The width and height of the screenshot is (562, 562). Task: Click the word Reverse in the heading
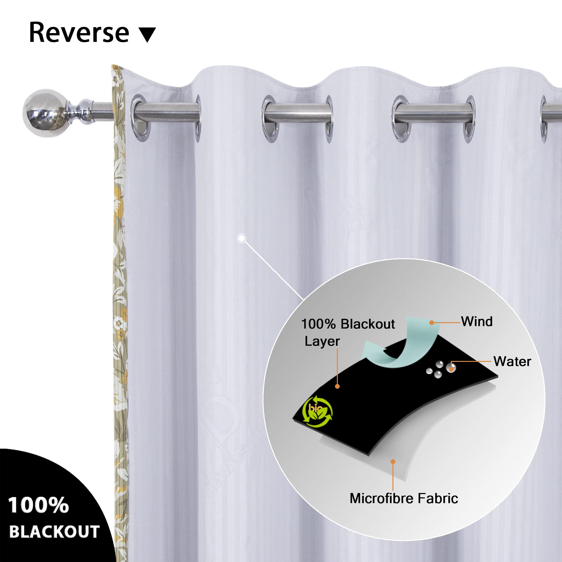tap(79, 32)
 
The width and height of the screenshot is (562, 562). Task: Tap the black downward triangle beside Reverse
tap(147, 35)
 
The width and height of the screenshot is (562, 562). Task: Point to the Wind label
tap(477, 321)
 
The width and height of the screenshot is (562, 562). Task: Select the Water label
tap(512, 362)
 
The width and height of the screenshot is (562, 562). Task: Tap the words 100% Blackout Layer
tap(348, 332)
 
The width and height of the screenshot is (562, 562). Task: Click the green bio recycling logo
tap(317, 411)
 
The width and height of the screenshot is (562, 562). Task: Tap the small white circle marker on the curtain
tap(241, 239)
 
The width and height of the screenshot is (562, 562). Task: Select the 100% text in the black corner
tap(38, 505)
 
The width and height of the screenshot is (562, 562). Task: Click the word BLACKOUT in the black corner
tap(54, 531)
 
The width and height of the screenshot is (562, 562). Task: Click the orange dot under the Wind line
tap(432, 323)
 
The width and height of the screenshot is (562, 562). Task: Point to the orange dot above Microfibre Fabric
tap(393, 462)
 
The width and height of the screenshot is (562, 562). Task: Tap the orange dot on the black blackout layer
tap(337, 386)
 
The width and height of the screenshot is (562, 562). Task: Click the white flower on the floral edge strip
tap(119, 323)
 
